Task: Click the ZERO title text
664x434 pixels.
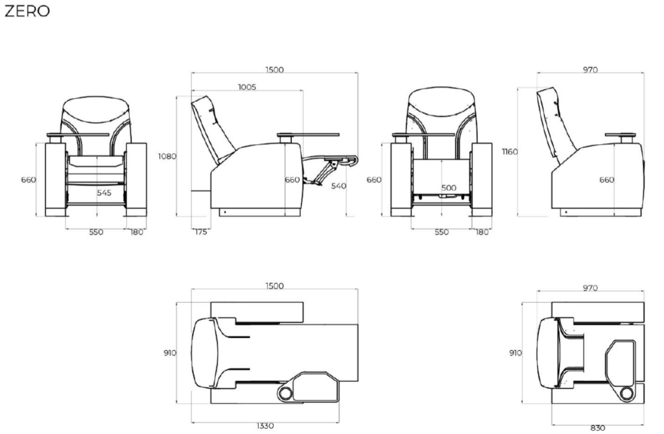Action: [27, 11]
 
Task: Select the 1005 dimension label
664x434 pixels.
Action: [247, 87]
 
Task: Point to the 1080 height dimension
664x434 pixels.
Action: [167, 156]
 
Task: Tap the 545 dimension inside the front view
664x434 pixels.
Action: [104, 193]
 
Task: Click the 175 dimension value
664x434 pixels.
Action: [201, 232]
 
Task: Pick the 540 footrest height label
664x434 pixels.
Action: [338, 186]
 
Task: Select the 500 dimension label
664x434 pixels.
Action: [449, 187]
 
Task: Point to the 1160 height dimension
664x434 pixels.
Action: [510, 151]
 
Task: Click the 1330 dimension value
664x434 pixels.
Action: [265, 426]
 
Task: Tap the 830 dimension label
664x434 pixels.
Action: [597, 428]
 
